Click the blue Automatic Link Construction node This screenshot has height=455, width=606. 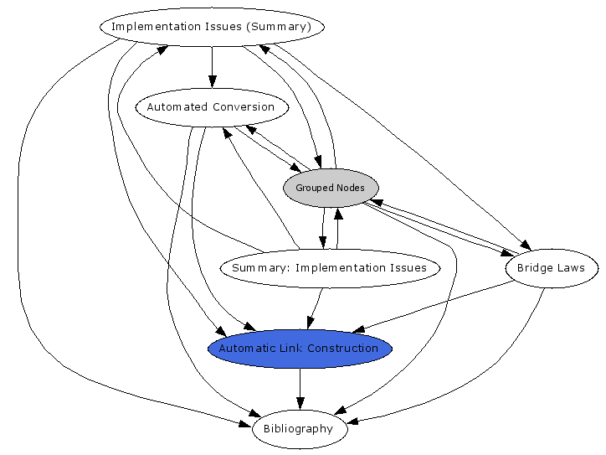point(299,349)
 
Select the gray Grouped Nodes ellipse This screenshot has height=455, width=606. point(331,188)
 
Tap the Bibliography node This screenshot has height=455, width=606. point(299,429)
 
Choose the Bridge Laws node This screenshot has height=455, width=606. point(552,269)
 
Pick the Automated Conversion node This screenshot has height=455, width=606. point(211,107)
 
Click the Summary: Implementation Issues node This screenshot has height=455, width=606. point(329,268)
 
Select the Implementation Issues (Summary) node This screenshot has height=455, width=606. point(212,26)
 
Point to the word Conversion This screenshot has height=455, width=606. point(244,107)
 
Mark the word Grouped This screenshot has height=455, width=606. point(312,188)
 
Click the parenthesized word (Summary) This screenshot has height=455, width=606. point(279,26)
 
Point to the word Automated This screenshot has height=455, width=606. point(177,107)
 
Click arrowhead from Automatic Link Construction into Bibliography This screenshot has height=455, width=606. point(300,403)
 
